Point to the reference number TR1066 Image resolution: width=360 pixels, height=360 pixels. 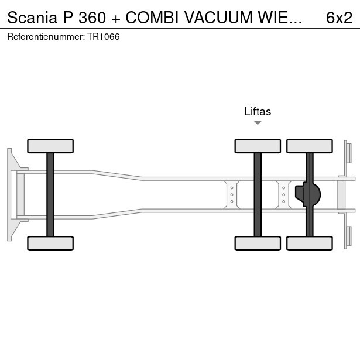(x=104, y=36)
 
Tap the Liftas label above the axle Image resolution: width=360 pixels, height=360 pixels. (x=258, y=112)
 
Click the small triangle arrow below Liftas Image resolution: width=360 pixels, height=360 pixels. (x=258, y=123)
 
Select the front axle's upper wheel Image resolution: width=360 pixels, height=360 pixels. (x=50, y=146)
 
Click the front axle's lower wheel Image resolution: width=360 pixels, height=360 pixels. (x=50, y=243)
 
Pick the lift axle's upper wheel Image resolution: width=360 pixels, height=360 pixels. (x=258, y=146)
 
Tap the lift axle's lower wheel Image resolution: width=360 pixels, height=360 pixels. (x=258, y=243)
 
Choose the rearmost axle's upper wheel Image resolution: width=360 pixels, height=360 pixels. (x=310, y=146)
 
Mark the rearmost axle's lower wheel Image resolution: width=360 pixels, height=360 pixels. (x=310, y=243)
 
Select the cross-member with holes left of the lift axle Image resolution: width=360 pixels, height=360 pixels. (x=232, y=194)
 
